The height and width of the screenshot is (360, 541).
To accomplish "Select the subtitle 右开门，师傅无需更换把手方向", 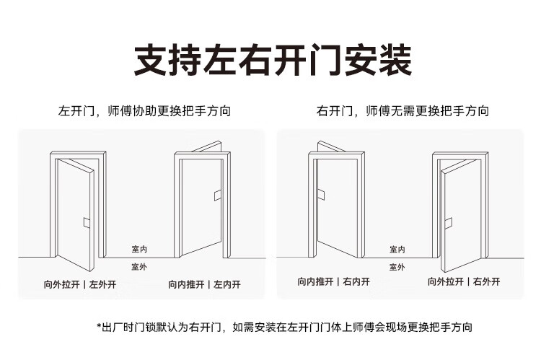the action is (x=402, y=112).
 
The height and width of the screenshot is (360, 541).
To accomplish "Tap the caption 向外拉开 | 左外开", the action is (x=79, y=284).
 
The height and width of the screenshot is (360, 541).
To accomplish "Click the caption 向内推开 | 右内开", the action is (x=333, y=281).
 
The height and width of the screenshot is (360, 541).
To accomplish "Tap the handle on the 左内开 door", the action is (x=216, y=194).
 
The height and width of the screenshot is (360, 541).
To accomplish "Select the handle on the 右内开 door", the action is (x=324, y=194).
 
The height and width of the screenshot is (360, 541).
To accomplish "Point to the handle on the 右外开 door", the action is (x=450, y=222).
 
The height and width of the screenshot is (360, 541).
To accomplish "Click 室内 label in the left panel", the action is (x=139, y=249).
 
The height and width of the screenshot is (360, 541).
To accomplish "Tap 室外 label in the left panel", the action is (x=139, y=267).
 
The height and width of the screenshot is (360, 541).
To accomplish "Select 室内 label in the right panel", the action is (x=397, y=249).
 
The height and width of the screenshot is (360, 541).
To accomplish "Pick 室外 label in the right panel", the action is (x=397, y=267).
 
